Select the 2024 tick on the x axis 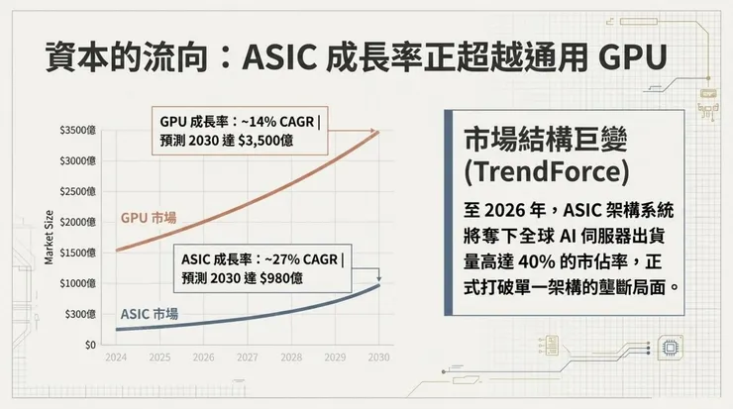click(x=115, y=358)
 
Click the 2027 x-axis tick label click(x=248, y=358)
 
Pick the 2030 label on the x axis click(x=377, y=358)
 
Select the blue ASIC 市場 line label click(x=149, y=315)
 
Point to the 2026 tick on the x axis click(x=203, y=358)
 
